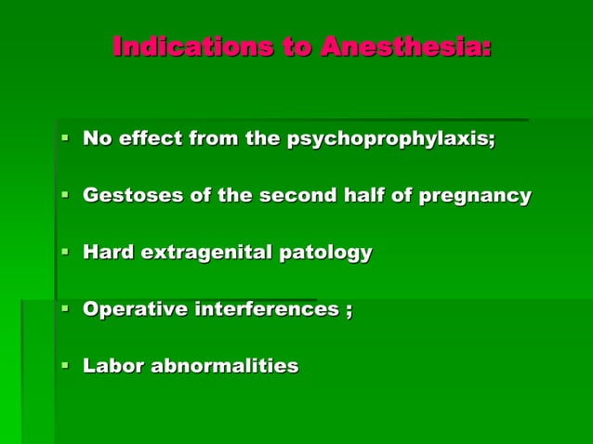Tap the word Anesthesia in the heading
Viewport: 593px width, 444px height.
[x=405, y=46]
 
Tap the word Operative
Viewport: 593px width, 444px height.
[x=135, y=309]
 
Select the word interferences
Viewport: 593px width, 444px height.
[x=266, y=309]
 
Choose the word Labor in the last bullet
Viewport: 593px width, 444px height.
[x=110, y=366]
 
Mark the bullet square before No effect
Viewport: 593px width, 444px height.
[x=65, y=139]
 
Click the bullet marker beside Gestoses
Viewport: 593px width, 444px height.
[x=65, y=196]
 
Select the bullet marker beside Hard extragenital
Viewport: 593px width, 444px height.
[x=65, y=252]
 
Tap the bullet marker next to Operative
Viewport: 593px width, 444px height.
[x=65, y=309]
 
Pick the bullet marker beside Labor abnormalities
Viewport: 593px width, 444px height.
[x=65, y=366]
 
